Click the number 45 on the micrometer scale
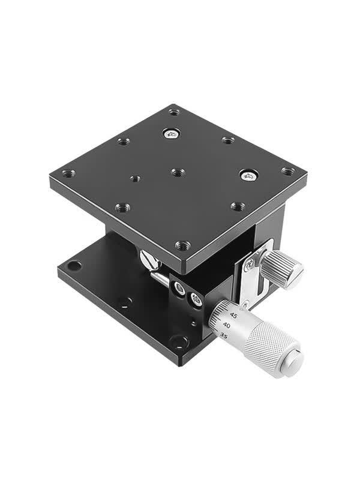(x=233, y=316)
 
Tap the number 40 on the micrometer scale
(x=227, y=325)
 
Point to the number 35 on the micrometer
(x=224, y=337)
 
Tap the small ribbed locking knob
(x=283, y=269)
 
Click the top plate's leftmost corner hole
(x=69, y=173)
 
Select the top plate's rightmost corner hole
(x=288, y=171)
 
